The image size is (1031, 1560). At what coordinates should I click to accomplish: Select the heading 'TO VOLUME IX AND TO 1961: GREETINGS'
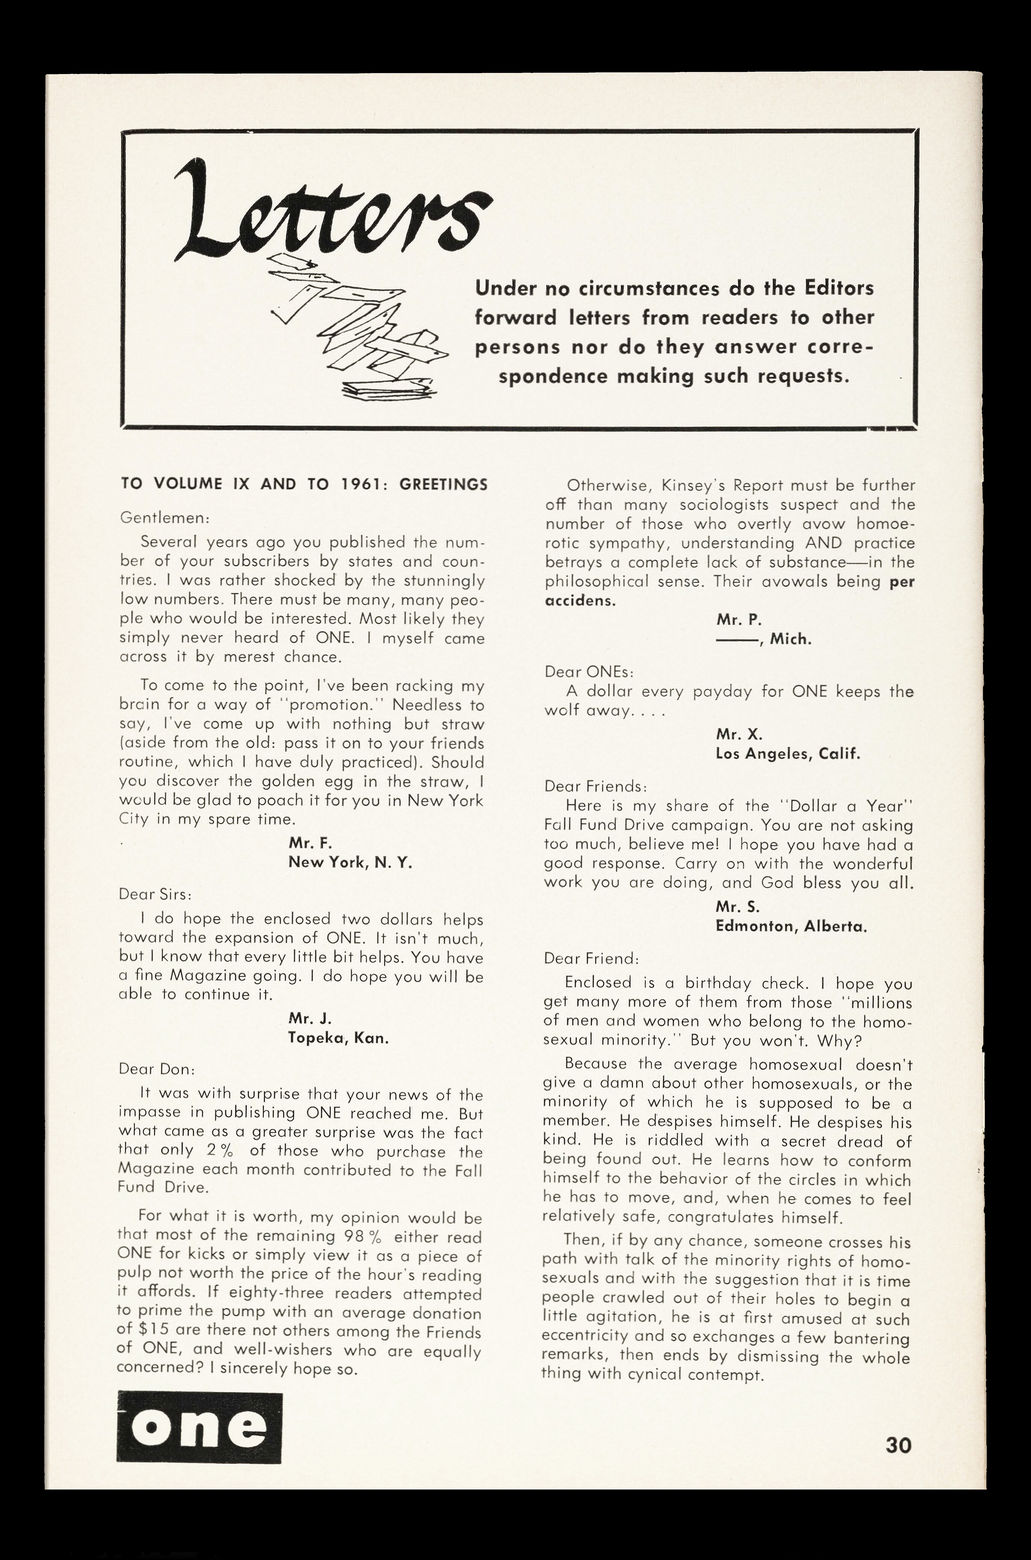(x=304, y=485)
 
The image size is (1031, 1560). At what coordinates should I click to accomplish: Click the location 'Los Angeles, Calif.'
(x=787, y=754)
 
